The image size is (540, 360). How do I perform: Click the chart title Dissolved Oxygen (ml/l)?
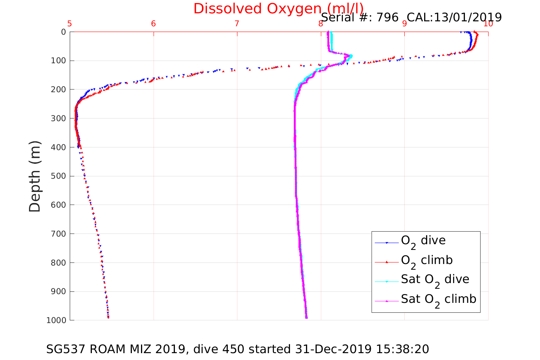coord(278,8)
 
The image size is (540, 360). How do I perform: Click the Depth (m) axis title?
coord(35,176)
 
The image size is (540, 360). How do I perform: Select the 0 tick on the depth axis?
coord(63,32)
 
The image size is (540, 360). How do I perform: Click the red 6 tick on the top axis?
coord(154,24)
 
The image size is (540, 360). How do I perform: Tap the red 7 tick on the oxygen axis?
coord(237,24)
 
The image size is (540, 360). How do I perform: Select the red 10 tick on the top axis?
coord(488,24)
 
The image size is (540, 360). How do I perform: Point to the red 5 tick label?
coord(70,24)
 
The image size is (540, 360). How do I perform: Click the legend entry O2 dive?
coord(423,241)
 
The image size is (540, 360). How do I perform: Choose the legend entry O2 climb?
coord(426,261)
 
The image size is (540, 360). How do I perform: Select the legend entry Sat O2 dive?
coord(435,280)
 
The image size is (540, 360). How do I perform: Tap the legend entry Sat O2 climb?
coord(438,300)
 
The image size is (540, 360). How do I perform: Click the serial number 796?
coord(388,17)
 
